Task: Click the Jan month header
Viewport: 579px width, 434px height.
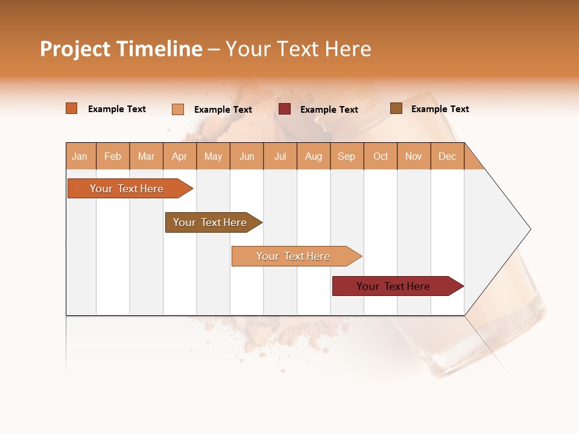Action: coord(80,156)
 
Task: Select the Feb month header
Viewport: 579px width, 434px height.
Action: coord(113,156)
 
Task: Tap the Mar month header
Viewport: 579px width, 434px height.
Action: coord(146,156)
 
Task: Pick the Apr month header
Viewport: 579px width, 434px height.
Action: coord(180,156)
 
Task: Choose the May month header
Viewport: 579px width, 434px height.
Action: coord(213,156)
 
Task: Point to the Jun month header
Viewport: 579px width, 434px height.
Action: coord(247,156)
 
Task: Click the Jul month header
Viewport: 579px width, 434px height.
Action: coord(280,156)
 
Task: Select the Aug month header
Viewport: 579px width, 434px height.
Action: coord(314,156)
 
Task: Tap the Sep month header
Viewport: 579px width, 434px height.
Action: coord(347,156)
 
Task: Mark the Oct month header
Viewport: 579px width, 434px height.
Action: coord(381,156)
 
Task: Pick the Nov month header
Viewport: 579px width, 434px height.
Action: coord(414,156)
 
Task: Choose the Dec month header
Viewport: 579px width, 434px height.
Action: coord(448,156)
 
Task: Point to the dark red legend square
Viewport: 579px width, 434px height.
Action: coord(285,109)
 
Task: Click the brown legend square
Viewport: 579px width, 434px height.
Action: coord(396,108)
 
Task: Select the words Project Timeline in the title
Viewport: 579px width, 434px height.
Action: coord(121,49)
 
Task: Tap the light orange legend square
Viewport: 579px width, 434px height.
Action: coord(178,109)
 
